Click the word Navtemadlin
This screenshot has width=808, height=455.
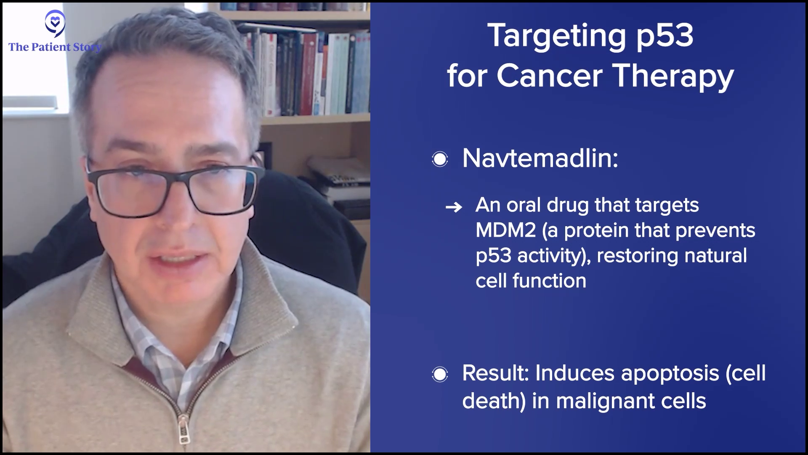[540, 158]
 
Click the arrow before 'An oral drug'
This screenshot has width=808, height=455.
[454, 207]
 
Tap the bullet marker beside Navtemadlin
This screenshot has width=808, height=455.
[440, 159]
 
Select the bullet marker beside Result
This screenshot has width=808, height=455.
[440, 374]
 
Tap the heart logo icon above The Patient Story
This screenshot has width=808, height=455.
[55, 23]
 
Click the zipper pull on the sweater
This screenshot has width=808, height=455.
[184, 430]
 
